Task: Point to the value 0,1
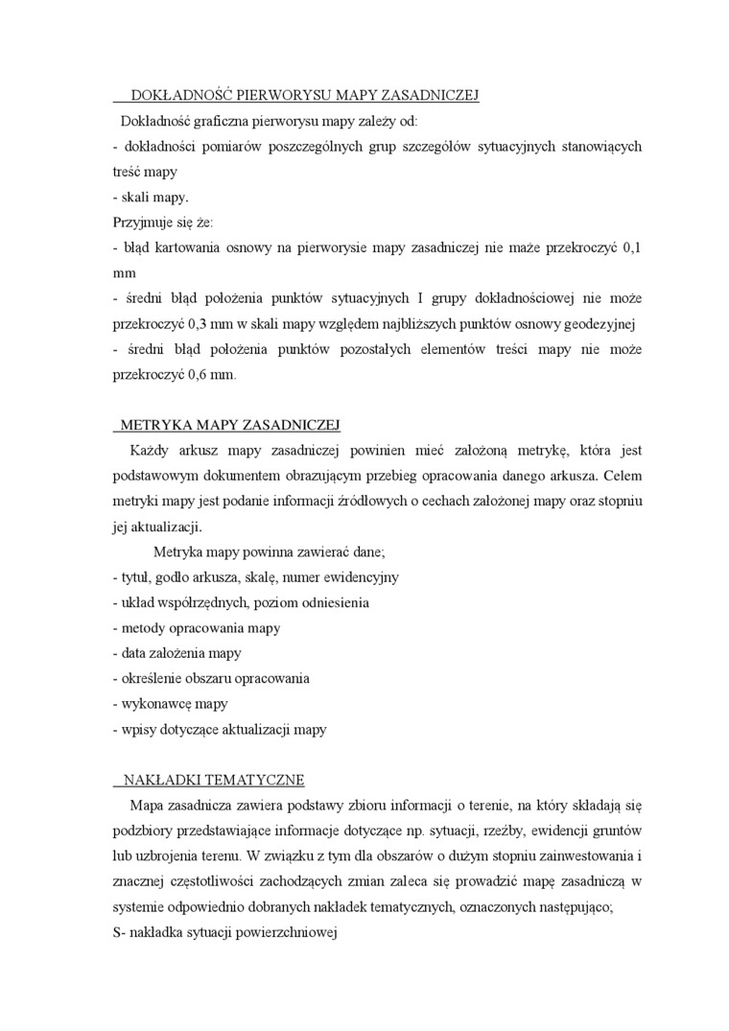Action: point(632,247)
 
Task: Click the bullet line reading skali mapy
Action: point(151,198)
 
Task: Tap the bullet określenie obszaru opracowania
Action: point(210,678)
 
